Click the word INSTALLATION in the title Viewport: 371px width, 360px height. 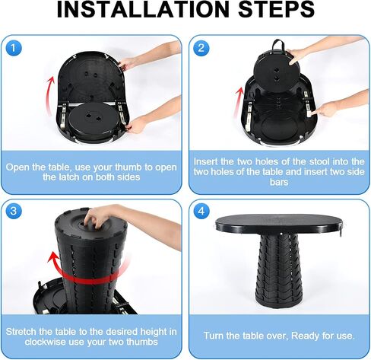point(143,9)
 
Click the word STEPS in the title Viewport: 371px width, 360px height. point(277,9)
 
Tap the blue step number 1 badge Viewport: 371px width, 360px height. point(14,48)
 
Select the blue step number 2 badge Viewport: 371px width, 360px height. point(201,48)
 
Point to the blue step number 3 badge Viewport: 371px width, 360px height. point(14,211)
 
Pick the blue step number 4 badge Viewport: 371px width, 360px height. point(201,211)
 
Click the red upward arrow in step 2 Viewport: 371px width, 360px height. point(238,101)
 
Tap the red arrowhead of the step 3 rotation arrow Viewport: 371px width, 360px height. point(54,259)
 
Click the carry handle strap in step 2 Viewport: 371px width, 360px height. point(279,44)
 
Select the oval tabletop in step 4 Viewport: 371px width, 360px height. point(279,224)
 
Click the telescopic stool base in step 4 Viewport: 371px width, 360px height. point(279,272)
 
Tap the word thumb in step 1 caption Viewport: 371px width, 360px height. point(128,167)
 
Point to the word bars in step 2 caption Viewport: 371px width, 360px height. point(279,182)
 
